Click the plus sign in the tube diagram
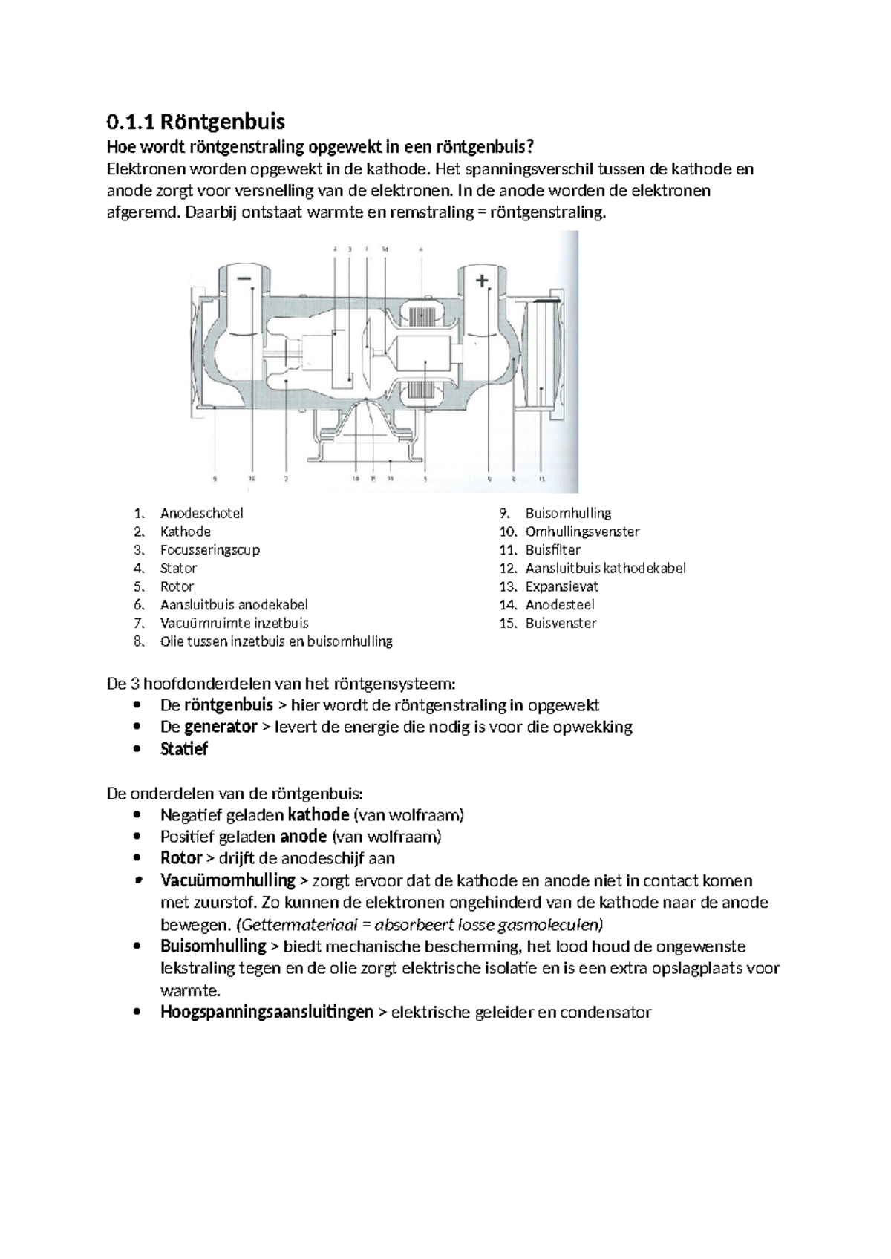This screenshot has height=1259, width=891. tap(483, 281)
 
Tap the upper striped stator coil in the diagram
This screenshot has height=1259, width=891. tap(424, 315)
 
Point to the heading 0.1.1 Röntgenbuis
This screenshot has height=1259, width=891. tap(196, 121)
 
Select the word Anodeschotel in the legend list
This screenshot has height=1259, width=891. tap(201, 513)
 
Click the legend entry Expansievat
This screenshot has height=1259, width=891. tap(561, 586)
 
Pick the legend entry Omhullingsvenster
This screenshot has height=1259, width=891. tap(582, 532)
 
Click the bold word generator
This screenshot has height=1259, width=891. tap(221, 727)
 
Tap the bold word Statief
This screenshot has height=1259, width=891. tap(184, 749)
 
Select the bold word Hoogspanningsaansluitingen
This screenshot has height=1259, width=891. tap(267, 1012)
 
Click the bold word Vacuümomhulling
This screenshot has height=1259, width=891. tap(227, 880)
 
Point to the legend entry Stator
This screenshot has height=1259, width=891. tap(178, 568)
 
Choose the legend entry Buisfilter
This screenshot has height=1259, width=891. tap(552, 550)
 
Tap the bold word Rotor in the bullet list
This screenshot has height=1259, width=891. tap(181, 858)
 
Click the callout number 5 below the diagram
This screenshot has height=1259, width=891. tap(425, 479)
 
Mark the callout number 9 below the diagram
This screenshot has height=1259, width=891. tap(215, 479)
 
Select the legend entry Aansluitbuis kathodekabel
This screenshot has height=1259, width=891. tap(605, 568)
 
